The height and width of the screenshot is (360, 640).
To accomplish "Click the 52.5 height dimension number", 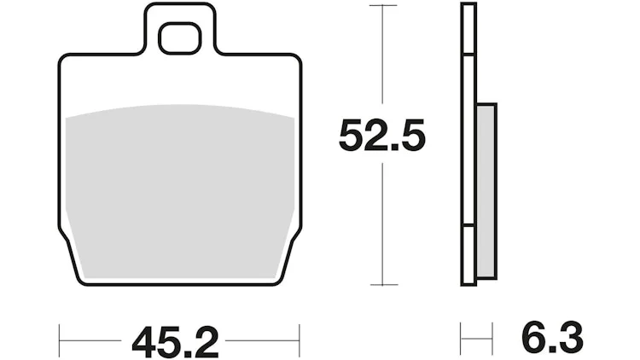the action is coord(382,135).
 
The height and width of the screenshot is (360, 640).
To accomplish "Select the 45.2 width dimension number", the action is coord(176,341).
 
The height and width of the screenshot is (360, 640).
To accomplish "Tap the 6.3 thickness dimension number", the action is coord(552,337).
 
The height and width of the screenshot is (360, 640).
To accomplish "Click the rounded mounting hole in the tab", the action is coord(179,38).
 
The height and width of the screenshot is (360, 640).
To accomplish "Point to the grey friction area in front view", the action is coord(180,192).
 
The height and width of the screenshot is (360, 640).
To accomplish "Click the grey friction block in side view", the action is coord(486,191).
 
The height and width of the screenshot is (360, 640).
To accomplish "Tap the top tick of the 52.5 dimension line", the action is coord(382,5).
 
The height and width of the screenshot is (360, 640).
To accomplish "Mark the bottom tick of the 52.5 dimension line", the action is coord(384,284).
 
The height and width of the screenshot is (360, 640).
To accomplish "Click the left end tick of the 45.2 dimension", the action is coord(59,341).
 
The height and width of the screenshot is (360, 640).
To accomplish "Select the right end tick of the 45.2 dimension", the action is coord(300,341).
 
